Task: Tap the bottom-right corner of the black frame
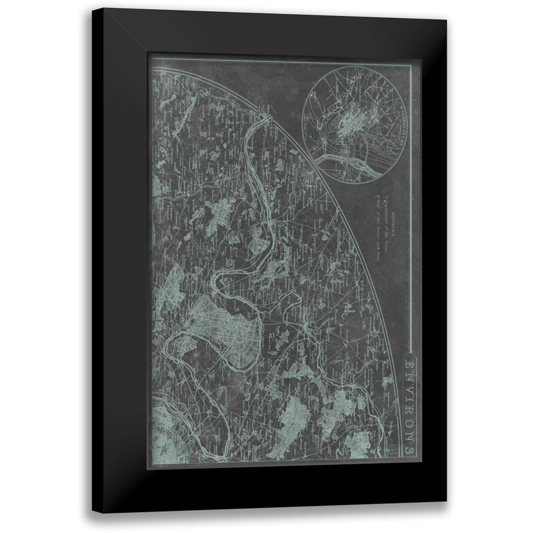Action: click(447, 502)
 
